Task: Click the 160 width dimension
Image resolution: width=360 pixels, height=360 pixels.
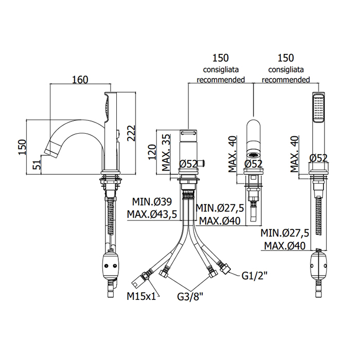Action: pos(80,79)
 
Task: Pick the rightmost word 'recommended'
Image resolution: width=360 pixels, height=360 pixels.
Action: pos(285,80)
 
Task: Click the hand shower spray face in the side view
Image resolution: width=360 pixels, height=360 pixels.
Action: pos(107,107)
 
